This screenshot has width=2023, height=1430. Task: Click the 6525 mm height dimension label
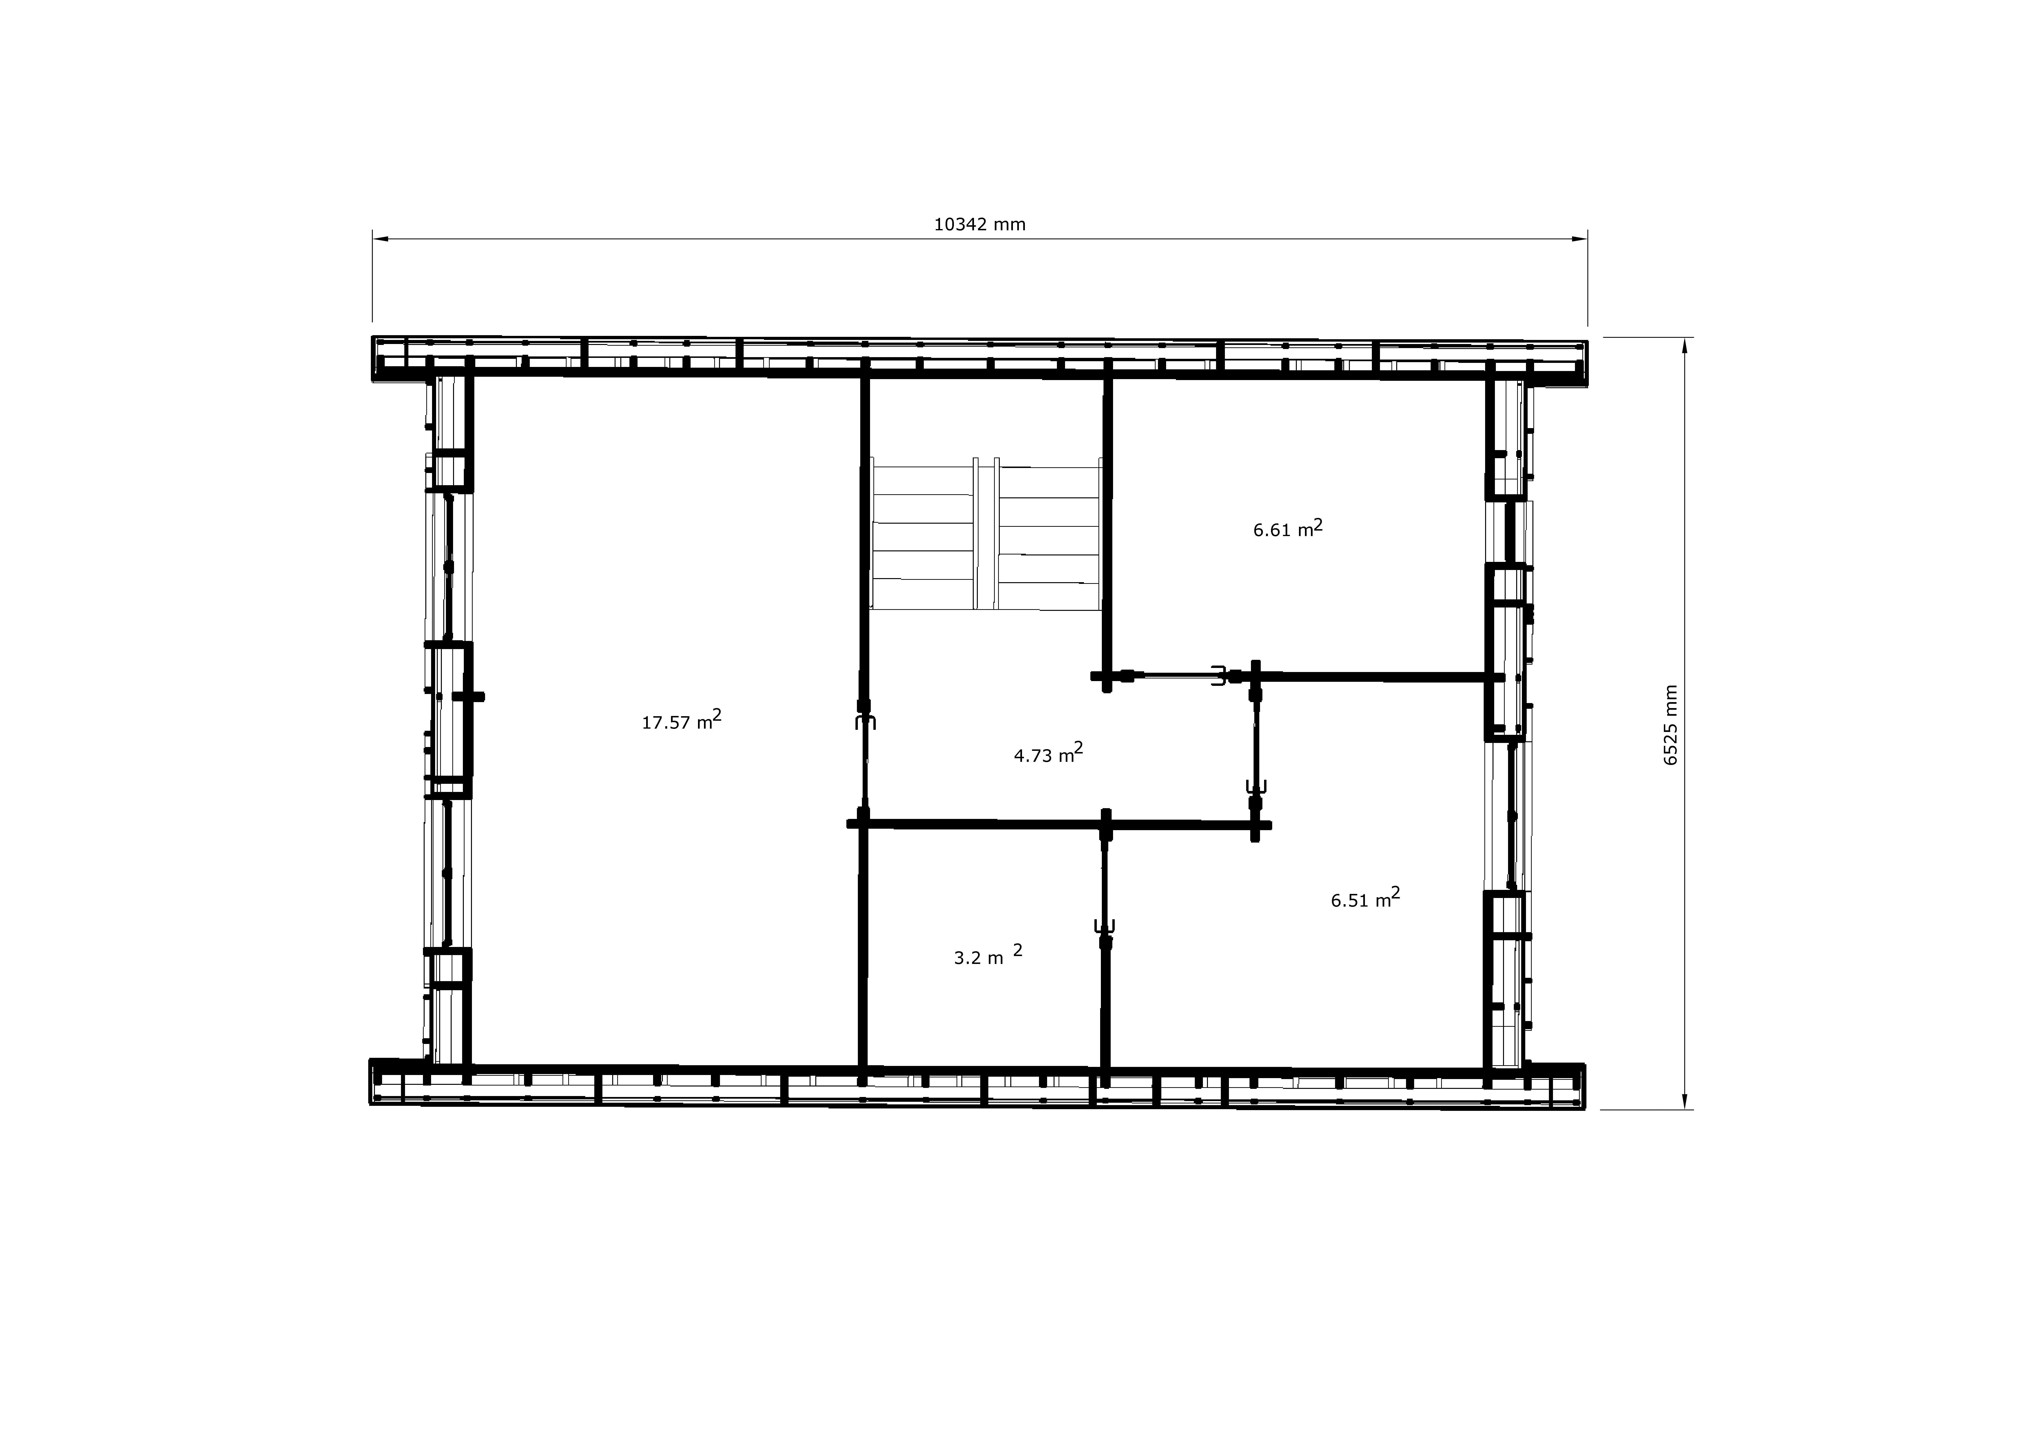pos(1671,725)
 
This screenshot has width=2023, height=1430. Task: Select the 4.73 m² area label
pos(1049,753)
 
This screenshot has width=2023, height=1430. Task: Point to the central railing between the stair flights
pos(987,533)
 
